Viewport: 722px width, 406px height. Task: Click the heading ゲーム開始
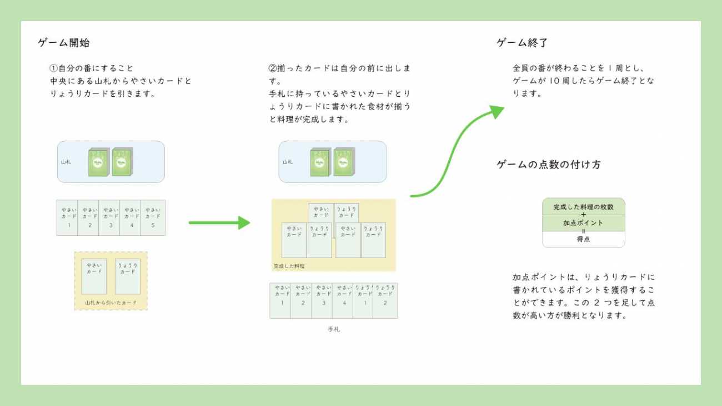[x=64, y=43]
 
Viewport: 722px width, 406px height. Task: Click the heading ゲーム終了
[x=523, y=43]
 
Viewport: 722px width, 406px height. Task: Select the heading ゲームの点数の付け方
[x=548, y=165]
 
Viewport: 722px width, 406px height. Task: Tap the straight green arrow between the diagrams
[x=219, y=223]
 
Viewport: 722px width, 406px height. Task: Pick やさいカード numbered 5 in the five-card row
[x=153, y=217]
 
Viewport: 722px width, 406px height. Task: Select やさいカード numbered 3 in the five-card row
[x=111, y=217]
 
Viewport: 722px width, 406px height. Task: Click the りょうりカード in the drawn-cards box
[x=128, y=276]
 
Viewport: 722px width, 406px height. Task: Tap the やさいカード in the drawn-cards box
[x=94, y=276]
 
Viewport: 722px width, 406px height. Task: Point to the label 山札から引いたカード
[x=111, y=303]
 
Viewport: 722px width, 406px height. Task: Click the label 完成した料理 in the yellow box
[x=289, y=266]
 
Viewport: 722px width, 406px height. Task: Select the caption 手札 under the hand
[x=334, y=329]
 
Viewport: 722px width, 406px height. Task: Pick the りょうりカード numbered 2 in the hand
[x=385, y=300]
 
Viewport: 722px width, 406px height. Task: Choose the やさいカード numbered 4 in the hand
[x=343, y=300]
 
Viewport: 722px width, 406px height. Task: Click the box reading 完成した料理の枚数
[x=583, y=207]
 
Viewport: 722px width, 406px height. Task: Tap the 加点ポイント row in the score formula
[x=583, y=223]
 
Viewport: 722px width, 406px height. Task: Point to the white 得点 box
[x=583, y=240]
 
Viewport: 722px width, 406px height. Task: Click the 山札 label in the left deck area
[x=66, y=162]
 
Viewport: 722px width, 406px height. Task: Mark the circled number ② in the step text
[x=273, y=68]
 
